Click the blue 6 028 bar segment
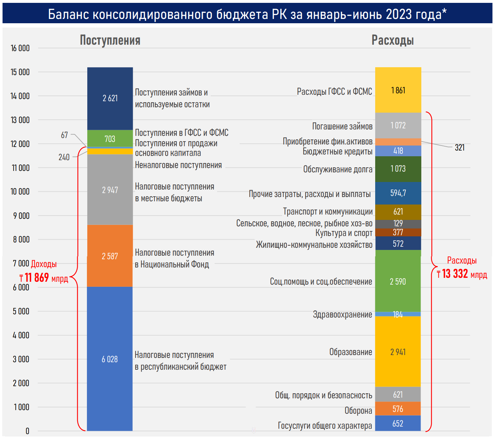coord(110,359)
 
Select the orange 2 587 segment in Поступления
coord(110,256)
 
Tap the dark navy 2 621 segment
coord(110,98)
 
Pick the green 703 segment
coord(110,139)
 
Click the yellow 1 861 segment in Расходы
coord(398,90)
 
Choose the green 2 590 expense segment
coord(398,281)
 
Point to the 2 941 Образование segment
coord(398,352)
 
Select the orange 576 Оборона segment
coord(398,409)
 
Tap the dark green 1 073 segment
coord(398,168)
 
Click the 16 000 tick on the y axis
coord(20,48)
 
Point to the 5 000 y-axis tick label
coord(21,311)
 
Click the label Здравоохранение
coord(342,315)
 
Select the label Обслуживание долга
coord(338,169)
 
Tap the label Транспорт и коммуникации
coord(328,212)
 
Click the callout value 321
coord(460,147)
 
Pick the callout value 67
coord(64,135)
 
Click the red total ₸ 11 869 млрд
coord(44,278)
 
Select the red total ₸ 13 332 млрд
coord(462,274)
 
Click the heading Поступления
coord(110,40)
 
